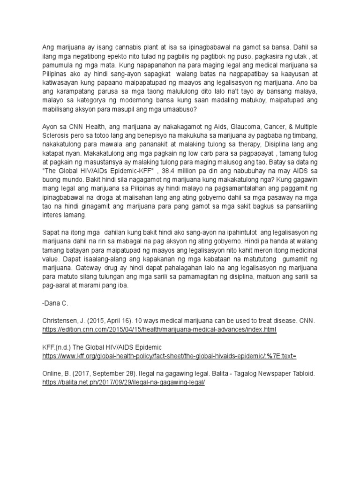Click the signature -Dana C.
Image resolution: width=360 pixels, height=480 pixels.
55,303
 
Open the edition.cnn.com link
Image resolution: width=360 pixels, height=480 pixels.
159,330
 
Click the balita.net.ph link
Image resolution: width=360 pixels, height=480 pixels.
123,382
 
